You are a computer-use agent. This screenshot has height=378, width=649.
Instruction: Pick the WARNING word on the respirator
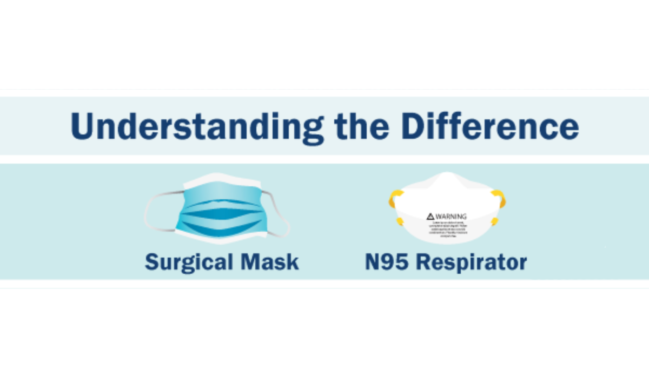(x=451, y=216)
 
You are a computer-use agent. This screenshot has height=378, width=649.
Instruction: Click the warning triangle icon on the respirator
(x=431, y=215)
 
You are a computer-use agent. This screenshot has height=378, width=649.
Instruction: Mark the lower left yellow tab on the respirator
(x=400, y=221)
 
